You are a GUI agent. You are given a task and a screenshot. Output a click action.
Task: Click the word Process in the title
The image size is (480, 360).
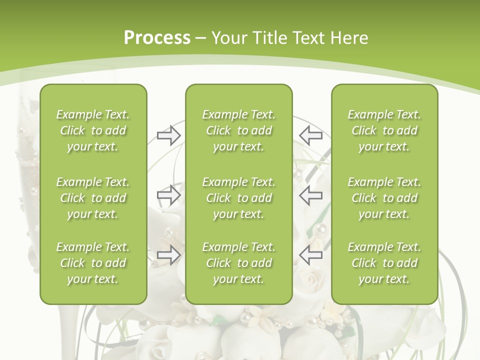coord(157,38)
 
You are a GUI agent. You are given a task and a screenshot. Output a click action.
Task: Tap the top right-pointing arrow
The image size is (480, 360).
coord(168,135)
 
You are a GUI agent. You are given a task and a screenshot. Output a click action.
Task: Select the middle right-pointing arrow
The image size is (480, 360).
coord(168,194)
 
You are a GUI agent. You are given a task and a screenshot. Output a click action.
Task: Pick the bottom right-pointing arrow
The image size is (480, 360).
coord(168,255)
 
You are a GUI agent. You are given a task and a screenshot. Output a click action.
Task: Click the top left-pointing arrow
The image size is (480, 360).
coord(310,135)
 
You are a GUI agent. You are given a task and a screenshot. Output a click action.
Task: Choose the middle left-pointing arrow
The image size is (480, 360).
coord(310,194)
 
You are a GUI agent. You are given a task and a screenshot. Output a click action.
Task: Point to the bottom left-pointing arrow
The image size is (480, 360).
coord(310,255)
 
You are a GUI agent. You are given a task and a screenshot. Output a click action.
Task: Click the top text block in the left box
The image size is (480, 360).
coord(93,130)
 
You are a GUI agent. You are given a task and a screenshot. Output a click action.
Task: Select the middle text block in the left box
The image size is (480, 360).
coord(93,198)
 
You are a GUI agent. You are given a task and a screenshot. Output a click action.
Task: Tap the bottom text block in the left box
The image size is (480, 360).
coord(93,263)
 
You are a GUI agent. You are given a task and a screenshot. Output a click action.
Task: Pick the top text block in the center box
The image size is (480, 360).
coord(238,130)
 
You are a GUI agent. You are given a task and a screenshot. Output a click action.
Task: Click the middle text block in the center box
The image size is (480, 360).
coord(238,198)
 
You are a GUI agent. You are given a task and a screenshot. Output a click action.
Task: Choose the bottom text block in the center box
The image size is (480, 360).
coord(238,263)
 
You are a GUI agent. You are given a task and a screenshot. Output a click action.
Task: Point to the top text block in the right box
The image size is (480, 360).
coord(384,130)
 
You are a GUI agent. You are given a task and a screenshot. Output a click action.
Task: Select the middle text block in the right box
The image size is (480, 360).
coord(384,198)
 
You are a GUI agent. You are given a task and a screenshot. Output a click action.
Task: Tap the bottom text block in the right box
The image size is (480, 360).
coord(384,263)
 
